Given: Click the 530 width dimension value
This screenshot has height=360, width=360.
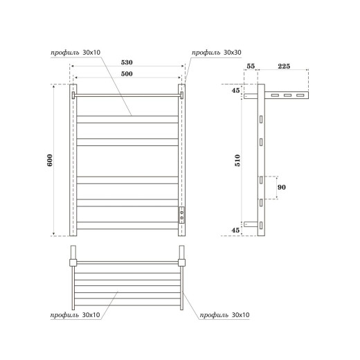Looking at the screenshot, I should click(127, 62).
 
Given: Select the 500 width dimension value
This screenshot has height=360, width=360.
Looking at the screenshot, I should click(127, 73).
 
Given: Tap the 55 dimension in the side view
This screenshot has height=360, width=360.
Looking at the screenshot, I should click(251, 66).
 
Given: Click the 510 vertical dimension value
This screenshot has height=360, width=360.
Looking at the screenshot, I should click(237, 160).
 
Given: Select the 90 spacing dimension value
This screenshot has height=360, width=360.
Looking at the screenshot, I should click(282, 188).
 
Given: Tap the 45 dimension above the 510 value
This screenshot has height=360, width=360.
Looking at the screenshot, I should click(237, 89).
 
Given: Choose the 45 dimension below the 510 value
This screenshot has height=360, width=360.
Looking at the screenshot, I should click(237, 231).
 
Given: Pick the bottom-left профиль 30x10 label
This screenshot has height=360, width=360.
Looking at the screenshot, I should click(74, 316).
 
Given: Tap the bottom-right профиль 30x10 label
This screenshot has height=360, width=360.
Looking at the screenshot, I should click(223, 316).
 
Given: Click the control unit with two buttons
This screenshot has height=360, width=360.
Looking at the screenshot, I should click(182, 214).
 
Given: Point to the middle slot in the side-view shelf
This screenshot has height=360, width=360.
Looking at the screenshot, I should click(287, 95).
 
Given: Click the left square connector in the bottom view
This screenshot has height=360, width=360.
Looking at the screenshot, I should click(72, 262).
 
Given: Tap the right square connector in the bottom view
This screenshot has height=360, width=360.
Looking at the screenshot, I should click(182, 262).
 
